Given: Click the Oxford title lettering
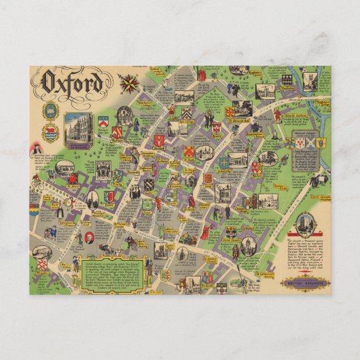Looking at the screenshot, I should coord(74,83).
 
